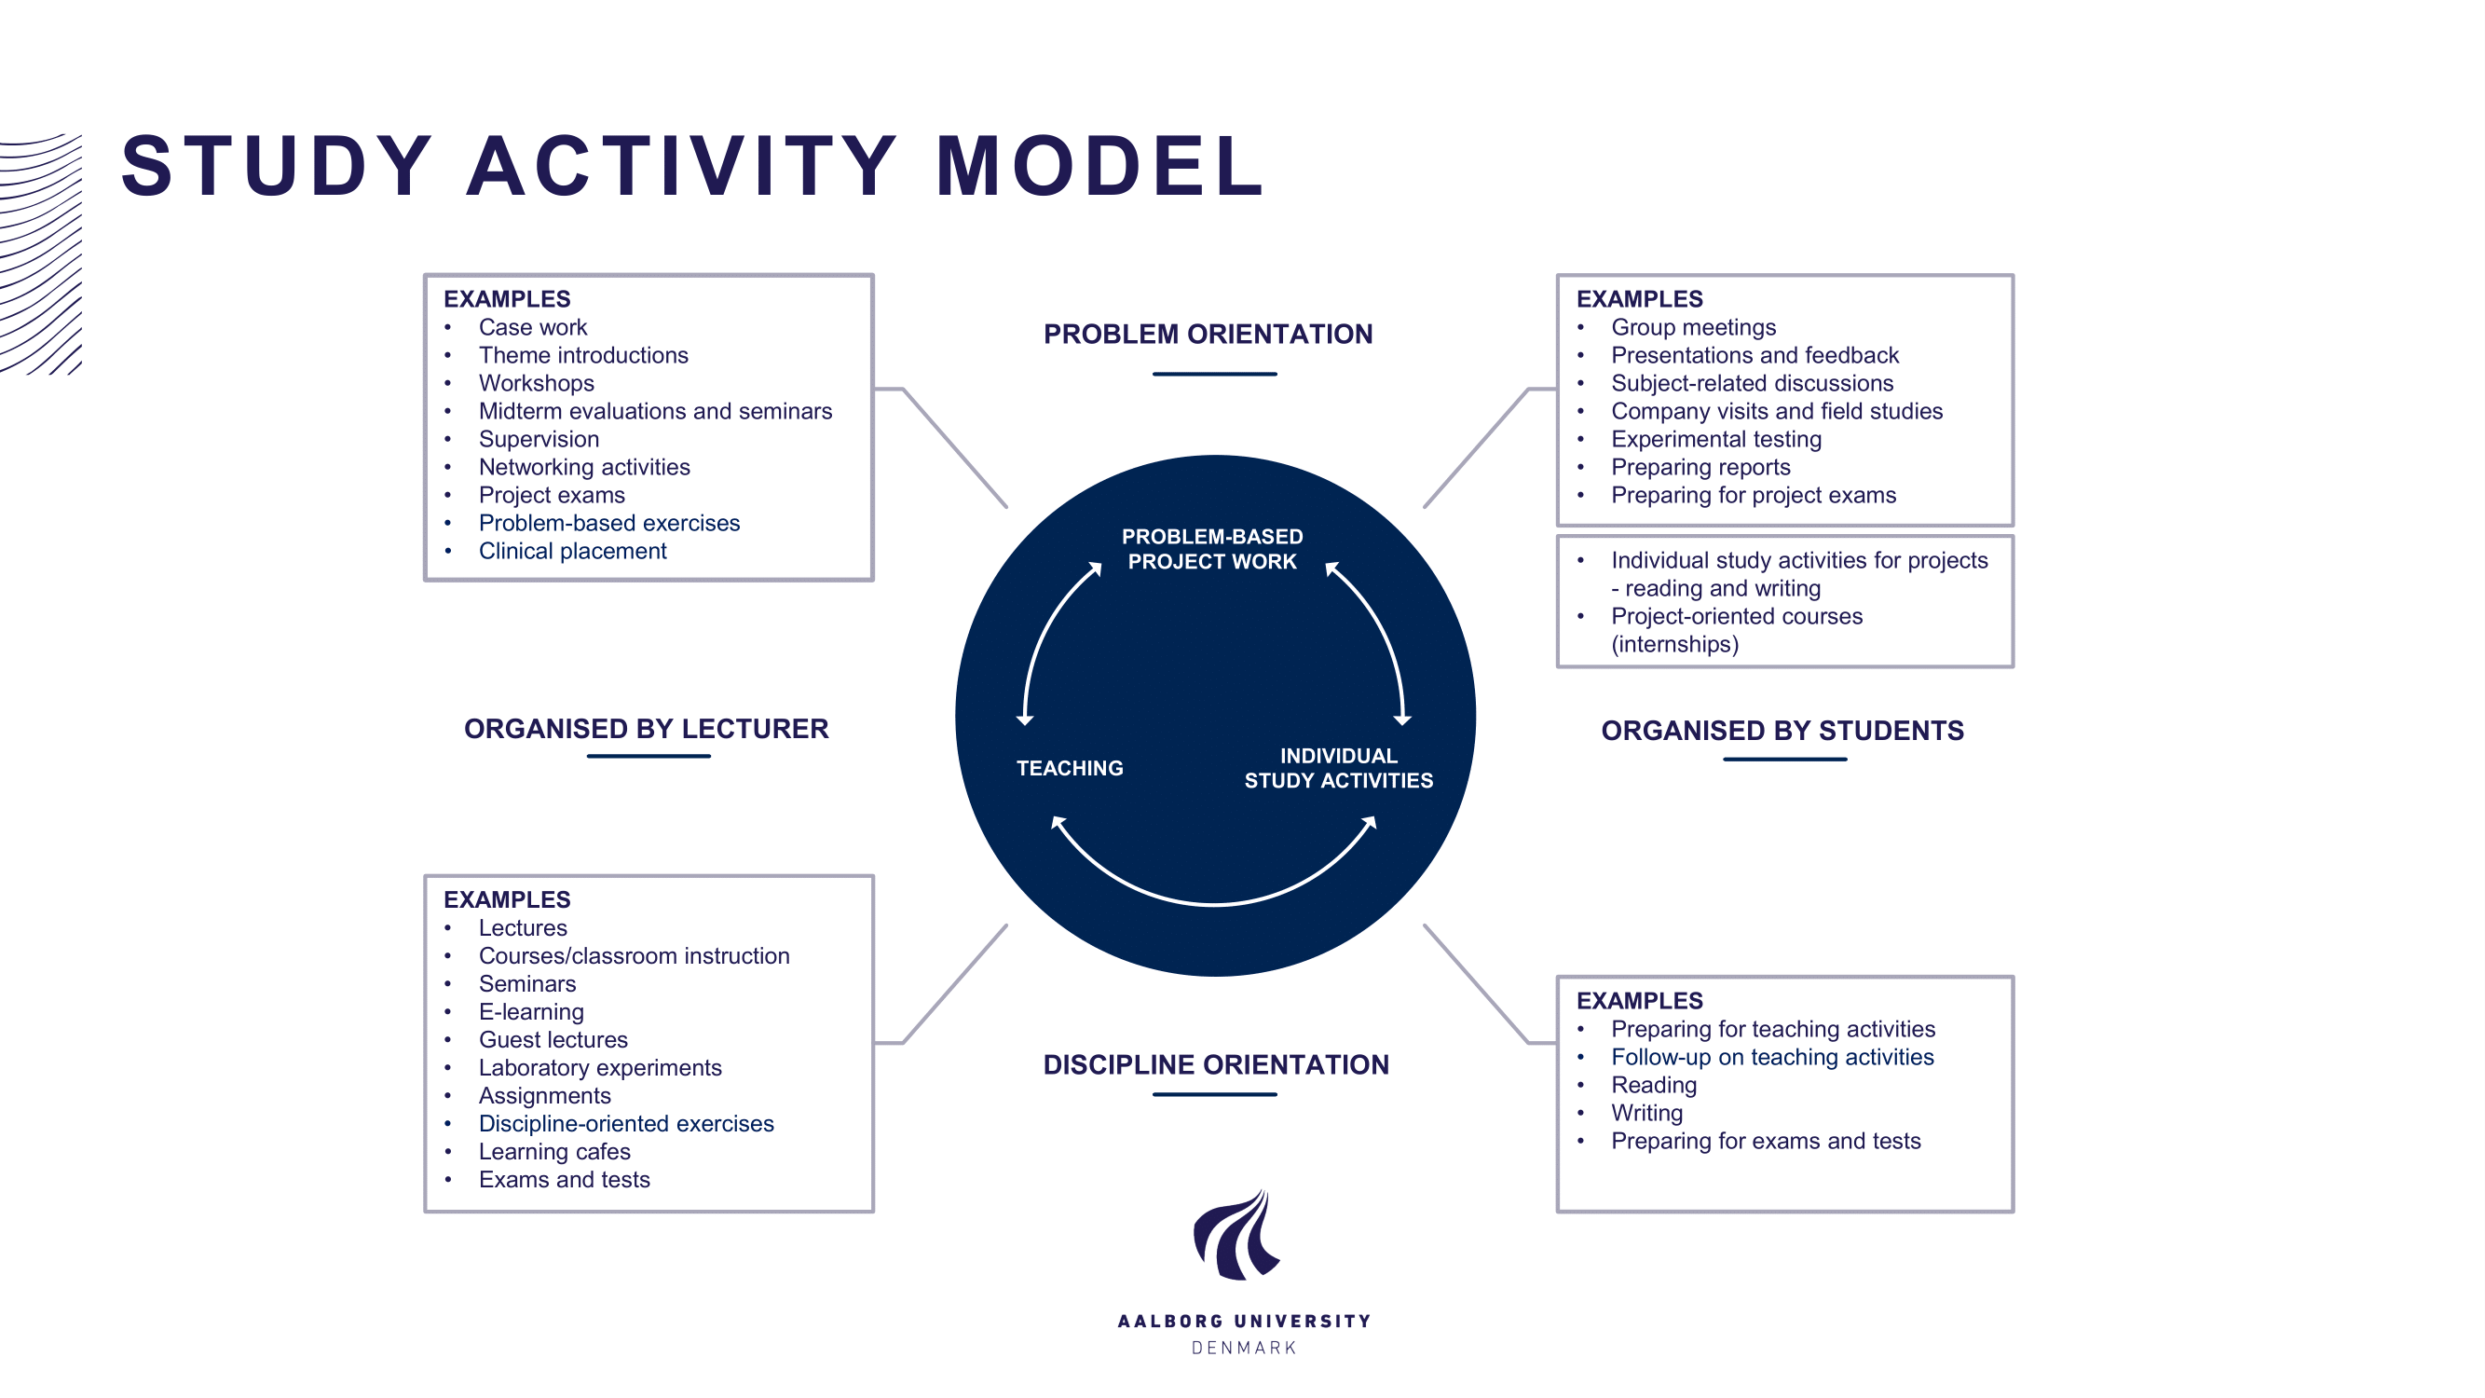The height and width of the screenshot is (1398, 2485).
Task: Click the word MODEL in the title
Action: (1099, 166)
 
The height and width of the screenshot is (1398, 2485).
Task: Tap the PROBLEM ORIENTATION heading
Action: (1208, 334)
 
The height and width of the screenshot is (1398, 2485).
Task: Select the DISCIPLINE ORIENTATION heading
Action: (1216, 1064)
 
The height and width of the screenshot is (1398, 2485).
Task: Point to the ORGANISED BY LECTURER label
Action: (647, 729)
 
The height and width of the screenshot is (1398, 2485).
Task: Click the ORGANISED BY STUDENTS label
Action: (1782, 731)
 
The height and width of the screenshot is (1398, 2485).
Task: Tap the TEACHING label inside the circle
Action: (1069, 768)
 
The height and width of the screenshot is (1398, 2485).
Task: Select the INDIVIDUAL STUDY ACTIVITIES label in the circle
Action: (1338, 768)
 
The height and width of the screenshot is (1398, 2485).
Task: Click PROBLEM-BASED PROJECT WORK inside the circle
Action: (1211, 549)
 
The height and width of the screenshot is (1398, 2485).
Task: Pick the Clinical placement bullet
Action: (572, 551)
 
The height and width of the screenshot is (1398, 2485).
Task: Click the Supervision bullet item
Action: (539, 439)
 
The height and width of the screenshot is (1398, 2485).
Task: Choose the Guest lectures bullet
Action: (553, 1039)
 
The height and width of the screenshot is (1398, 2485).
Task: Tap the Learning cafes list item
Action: (553, 1151)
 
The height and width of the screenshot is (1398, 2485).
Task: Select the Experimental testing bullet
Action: (1716, 439)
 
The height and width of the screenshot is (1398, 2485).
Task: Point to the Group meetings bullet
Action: (1693, 327)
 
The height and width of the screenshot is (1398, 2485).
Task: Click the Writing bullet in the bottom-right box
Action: (1646, 1113)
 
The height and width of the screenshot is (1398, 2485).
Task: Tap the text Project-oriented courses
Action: (1737, 615)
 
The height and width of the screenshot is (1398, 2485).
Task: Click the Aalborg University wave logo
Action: (1236, 1235)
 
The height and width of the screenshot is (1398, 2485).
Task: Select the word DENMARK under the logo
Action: (1244, 1348)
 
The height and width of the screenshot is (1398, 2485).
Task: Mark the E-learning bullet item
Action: (530, 1011)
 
